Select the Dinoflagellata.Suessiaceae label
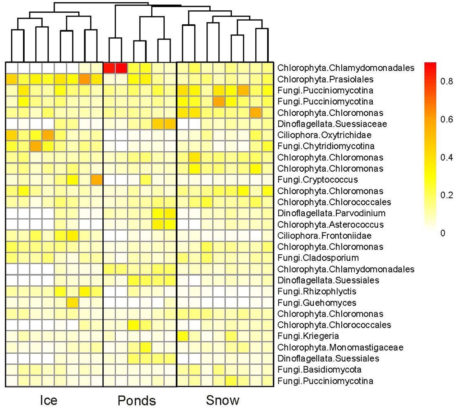point(332,124)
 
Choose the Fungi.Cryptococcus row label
point(318,180)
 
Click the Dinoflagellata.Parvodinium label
point(331,213)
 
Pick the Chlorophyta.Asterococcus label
point(331,224)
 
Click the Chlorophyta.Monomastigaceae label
point(340,347)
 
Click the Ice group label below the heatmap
point(48,400)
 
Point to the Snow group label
point(223,400)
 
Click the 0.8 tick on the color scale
point(446,81)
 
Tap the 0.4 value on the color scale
point(446,157)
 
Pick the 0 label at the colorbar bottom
point(443,233)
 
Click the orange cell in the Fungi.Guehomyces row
point(73,303)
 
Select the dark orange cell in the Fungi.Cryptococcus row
point(97,180)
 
